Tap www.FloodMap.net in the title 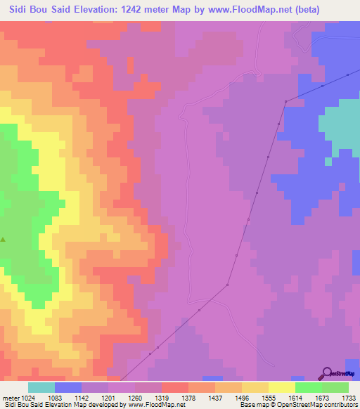tap(245, 10)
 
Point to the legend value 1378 tap(188, 397)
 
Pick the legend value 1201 tap(108, 397)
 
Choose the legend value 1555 tap(269, 397)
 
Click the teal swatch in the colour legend tap(41, 387)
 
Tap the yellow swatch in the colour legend tap(282, 387)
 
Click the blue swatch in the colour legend tap(68, 387)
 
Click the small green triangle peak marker tap(3, 240)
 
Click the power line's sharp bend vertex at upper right tap(285, 102)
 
